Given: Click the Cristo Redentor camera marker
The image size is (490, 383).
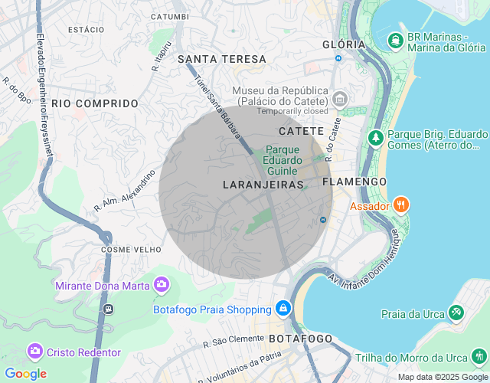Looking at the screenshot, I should click(35, 352).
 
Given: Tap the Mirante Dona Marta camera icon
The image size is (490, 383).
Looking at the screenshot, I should click(162, 286).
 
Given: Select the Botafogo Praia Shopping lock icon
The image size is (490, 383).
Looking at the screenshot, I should click(283, 309).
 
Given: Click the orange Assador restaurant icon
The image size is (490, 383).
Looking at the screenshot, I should click(401, 205).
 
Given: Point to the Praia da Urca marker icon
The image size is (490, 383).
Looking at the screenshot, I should click(457, 313).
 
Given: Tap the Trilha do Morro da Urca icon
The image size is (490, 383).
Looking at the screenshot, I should click(479, 357).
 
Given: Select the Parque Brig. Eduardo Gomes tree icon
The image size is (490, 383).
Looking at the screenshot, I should click(376, 138).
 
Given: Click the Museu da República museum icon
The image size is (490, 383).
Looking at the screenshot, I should click(340, 100).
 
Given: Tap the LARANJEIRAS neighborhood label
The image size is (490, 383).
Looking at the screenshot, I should click(263, 185).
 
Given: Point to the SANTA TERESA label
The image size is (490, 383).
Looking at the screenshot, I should click(222, 59).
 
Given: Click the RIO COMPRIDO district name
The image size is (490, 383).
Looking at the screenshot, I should click(95, 103).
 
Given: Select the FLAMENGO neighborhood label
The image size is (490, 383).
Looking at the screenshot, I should click(354, 182).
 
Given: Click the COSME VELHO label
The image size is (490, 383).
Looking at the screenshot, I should click(131, 250).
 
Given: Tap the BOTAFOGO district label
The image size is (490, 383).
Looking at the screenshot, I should click(300, 339).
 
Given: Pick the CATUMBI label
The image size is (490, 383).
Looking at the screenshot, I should click(169, 16).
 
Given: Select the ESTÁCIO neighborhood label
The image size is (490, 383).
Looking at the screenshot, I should click(86, 29).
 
